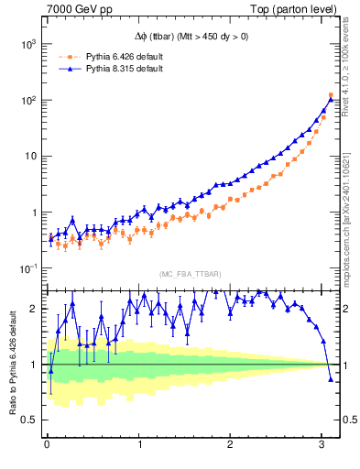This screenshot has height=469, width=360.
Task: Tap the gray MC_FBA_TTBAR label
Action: tap(189, 275)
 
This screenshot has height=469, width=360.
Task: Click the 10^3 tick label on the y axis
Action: tap(29, 44)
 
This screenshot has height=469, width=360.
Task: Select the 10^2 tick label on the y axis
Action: tap(29, 100)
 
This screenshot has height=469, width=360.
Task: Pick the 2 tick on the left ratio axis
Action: tap(35, 309)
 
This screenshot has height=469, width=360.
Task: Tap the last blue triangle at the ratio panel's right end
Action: tap(331, 378)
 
